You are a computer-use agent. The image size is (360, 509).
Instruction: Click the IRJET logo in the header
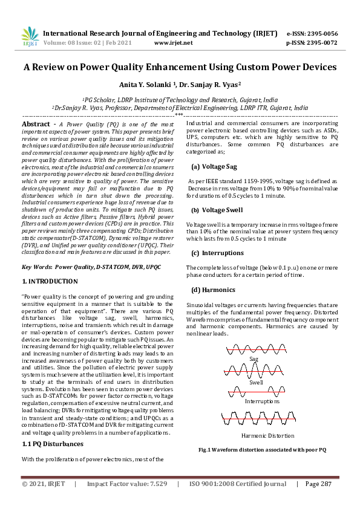pyautogui.click(x=30, y=37)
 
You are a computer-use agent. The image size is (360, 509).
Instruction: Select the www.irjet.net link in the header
pyautogui.click(x=174, y=43)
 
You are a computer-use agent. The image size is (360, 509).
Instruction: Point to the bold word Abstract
pyautogui.click(x=36, y=123)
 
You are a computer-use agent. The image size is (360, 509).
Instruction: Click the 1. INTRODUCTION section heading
pyautogui.click(x=50, y=282)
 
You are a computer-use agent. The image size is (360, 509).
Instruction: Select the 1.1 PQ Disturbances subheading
pyautogui.click(x=53, y=444)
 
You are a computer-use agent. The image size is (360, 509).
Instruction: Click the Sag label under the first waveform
pyautogui.click(x=254, y=359)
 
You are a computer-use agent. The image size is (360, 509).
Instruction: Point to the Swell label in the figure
pyautogui.click(x=256, y=383)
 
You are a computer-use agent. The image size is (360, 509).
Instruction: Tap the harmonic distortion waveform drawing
pyautogui.click(x=261, y=417)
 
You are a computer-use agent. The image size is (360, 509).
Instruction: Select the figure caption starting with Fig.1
pyautogui.click(x=262, y=450)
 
